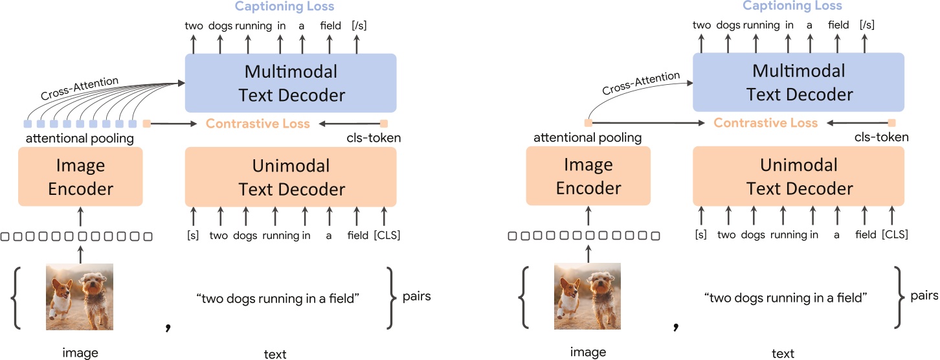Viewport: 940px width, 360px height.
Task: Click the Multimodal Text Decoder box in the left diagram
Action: point(291,83)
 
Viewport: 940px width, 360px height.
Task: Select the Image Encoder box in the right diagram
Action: point(588,176)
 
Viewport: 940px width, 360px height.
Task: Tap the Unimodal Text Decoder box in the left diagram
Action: point(291,177)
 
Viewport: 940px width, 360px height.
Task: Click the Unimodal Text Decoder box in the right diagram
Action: point(799,177)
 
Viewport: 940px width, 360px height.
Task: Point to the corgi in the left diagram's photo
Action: point(62,298)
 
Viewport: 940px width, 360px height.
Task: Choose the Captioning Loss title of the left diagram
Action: point(284,6)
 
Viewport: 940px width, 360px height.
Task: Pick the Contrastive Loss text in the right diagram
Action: point(766,123)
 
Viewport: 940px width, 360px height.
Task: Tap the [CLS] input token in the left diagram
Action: point(386,235)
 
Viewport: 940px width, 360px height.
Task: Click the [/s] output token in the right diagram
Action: point(866,25)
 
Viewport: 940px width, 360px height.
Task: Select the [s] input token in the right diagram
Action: point(700,235)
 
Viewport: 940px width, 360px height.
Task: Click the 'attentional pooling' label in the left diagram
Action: point(80,138)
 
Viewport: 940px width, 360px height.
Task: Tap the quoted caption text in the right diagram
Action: point(785,298)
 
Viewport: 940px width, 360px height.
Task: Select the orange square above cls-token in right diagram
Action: point(891,123)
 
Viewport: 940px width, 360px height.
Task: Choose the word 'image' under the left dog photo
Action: point(80,353)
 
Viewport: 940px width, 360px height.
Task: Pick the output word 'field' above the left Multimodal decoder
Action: point(330,25)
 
